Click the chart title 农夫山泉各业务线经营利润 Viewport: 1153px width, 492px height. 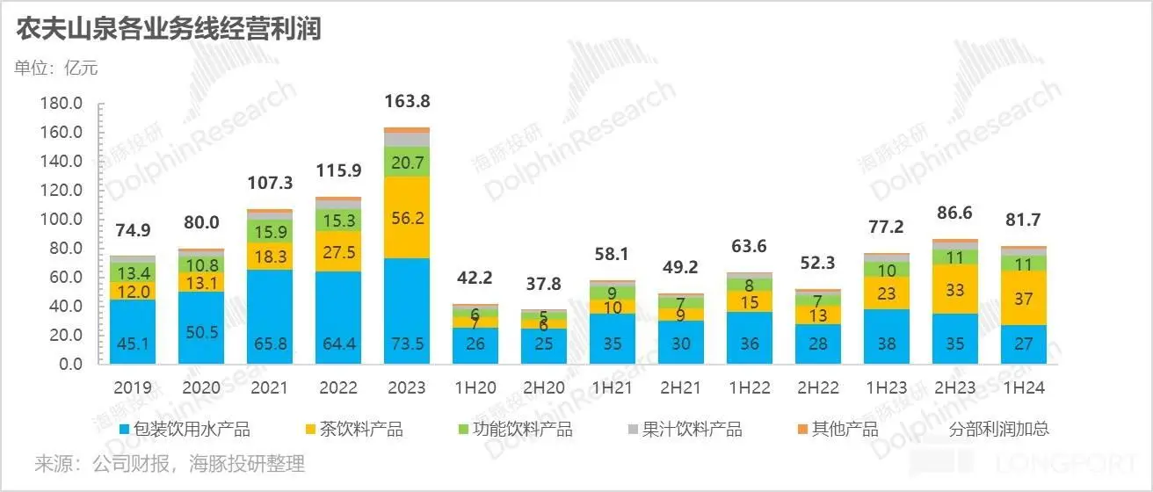tap(168, 30)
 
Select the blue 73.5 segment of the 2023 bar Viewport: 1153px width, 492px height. tap(408, 310)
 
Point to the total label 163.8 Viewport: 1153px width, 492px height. tap(408, 101)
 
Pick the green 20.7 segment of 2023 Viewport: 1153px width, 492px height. tap(408, 162)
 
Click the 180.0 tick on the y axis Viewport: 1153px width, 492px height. tap(62, 104)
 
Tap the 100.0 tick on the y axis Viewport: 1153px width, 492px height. tap(62, 219)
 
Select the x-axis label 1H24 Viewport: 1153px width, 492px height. tap(1023, 387)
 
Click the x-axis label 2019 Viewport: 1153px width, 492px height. tap(134, 387)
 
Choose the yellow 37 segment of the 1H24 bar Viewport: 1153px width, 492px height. tap(1023, 298)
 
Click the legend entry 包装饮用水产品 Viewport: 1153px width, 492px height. tap(185, 429)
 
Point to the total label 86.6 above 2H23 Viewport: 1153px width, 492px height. tap(954, 213)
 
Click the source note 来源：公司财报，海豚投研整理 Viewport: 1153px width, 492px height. tap(170, 463)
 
